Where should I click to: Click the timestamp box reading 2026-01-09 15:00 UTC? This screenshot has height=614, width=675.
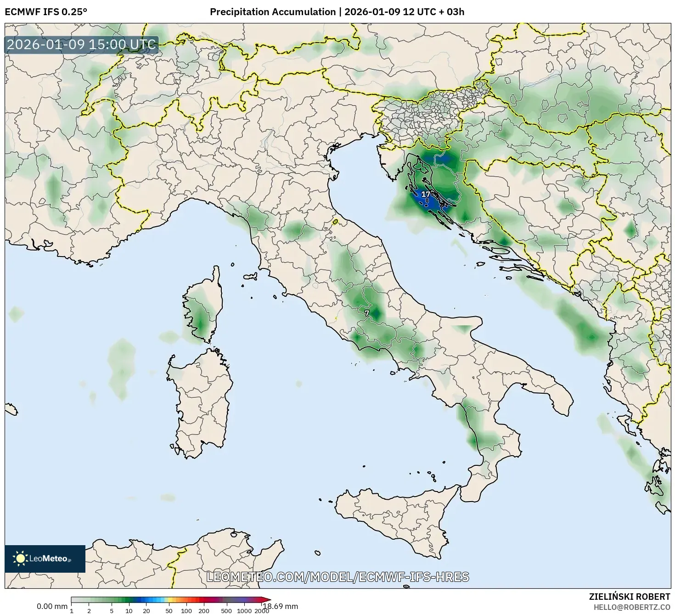(x=82, y=45)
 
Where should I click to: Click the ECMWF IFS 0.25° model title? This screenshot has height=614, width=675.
(x=46, y=12)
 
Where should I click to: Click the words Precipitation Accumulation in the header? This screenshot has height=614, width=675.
(x=273, y=12)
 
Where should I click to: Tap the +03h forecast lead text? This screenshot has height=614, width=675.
(x=452, y=12)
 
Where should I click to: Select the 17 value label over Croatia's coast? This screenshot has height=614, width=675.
(x=426, y=195)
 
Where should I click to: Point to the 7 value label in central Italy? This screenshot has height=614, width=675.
(x=366, y=313)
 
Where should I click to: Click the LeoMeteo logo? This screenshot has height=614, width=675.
(x=45, y=558)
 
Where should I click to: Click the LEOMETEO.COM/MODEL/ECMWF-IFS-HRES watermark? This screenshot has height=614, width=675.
(x=337, y=577)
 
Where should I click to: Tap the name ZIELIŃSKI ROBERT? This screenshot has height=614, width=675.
(x=629, y=597)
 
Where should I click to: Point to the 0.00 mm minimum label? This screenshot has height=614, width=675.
(x=52, y=606)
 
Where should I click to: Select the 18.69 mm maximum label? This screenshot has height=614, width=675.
(x=280, y=606)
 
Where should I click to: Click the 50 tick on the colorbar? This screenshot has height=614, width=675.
(x=169, y=611)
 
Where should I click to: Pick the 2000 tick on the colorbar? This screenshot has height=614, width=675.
(x=262, y=611)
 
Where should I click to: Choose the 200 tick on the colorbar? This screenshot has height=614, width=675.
(x=203, y=611)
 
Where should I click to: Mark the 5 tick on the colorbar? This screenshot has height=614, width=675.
(x=112, y=611)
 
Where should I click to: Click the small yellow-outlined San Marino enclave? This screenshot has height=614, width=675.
(x=336, y=222)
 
